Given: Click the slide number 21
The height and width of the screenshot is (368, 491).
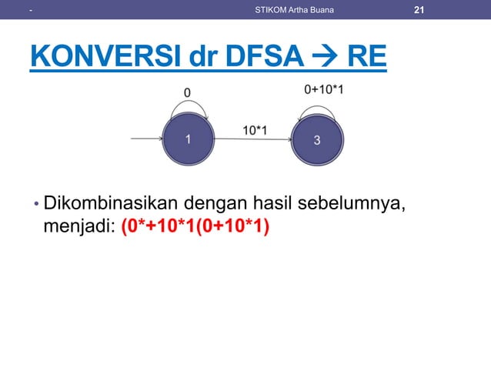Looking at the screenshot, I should click(419, 9).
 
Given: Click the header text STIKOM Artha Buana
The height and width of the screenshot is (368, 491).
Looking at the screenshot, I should click(294, 10).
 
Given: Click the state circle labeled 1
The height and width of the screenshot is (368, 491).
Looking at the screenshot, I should click(188, 139).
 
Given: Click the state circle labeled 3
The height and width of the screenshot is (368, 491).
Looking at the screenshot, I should click(317, 139).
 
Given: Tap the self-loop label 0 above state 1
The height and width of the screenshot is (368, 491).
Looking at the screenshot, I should click(186, 92).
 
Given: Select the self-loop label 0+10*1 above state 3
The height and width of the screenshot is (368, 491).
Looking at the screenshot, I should click(323, 90).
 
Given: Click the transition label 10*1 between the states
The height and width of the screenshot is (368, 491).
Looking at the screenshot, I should click(255, 129).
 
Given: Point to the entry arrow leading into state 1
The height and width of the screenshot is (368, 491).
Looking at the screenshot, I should click(146, 139).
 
